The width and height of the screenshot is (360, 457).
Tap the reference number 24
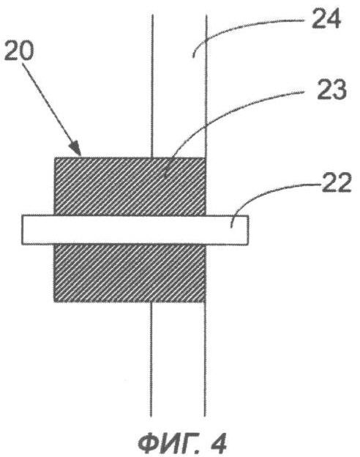click(x=326, y=18)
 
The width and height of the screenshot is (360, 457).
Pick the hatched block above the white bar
click(x=130, y=187)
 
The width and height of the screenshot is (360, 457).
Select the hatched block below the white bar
click(x=130, y=273)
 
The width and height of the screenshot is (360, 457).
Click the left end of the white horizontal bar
click(x=22, y=230)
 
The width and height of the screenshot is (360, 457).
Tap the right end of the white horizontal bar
click(x=248, y=230)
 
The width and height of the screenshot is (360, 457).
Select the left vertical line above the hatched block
click(x=151, y=86)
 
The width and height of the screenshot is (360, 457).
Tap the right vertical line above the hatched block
click(x=206, y=86)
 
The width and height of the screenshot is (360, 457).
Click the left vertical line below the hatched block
click(x=151, y=359)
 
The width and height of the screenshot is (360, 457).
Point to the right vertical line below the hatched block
click(x=205, y=359)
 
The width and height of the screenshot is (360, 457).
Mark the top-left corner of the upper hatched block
click(x=55, y=157)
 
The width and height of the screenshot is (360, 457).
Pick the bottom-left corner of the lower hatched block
click(x=54, y=302)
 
